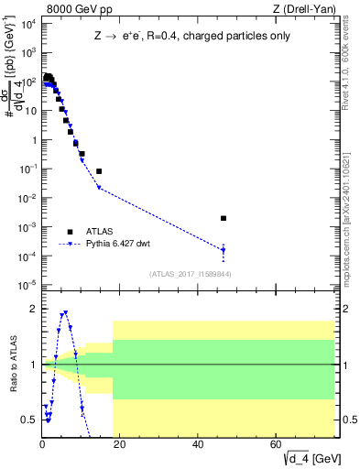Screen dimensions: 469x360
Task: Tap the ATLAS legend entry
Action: pyautogui.click(x=96, y=232)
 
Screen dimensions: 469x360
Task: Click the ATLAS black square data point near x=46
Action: pyautogui.click(x=224, y=218)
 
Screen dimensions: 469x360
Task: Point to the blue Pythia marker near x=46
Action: pyautogui.click(x=224, y=250)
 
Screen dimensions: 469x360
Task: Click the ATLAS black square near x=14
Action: pyautogui.click(x=99, y=171)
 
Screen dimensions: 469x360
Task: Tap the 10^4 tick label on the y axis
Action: pyautogui.click(x=27, y=24)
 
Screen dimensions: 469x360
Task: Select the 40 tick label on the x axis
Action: pyautogui.click(x=199, y=445)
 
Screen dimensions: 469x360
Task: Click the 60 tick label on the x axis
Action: pyautogui.click(x=277, y=445)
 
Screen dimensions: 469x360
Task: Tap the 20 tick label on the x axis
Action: pyautogui.click(x=121, y=445)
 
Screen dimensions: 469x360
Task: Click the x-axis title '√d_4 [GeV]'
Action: pyautogui.click(x=306, y=458)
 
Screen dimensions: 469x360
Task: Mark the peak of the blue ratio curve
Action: pyautogui.click(x=65, y=312)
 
